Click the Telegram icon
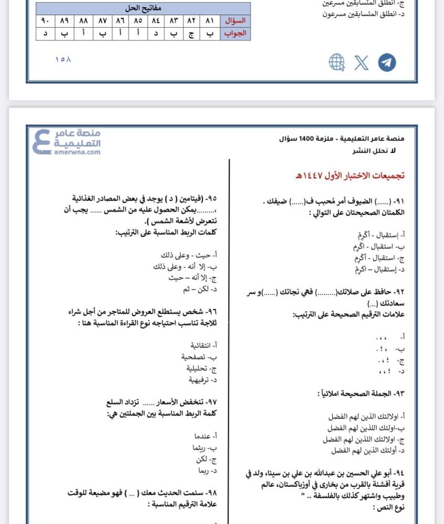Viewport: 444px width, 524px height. [387, 62]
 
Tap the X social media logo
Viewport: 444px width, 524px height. [361, 62]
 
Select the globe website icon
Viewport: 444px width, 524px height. [337, 62]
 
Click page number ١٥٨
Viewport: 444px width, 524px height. [62, 59]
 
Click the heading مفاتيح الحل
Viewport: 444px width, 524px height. [143, 9]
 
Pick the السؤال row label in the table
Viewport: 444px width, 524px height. [235, 21]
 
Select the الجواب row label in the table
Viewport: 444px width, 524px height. [235, 34]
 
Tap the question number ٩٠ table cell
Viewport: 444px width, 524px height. [45, 21]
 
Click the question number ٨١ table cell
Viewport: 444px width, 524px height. [210, 21]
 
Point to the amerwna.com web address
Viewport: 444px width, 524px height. [77, 152]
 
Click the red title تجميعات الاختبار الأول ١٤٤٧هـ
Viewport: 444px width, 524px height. [352, 175]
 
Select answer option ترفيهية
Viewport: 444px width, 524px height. [202, 379]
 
